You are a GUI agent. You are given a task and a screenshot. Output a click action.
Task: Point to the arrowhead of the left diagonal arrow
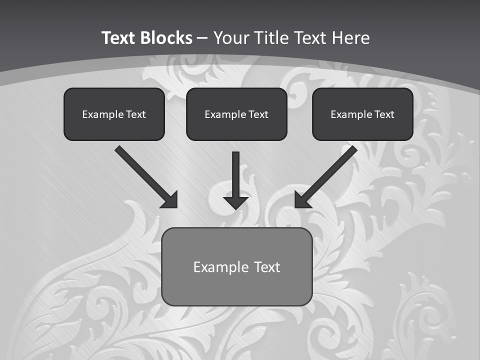click(170, 200)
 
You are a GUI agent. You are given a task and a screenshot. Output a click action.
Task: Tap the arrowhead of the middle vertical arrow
click(236, 202)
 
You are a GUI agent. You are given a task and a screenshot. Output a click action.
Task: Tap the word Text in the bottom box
click(266, 267)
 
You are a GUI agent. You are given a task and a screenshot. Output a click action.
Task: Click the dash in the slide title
click(202, 38)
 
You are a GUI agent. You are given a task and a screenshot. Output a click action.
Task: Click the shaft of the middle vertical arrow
click(236, 172)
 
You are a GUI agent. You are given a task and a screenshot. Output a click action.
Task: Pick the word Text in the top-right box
click(384, 114)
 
